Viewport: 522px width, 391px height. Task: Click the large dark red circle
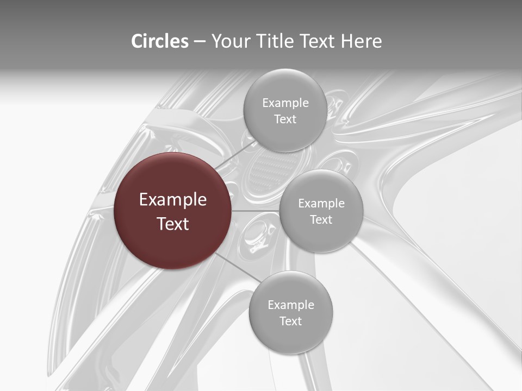pyautogui.click(x=173, y=211)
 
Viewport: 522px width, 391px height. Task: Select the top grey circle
pyautogui.click(x=285, y=110)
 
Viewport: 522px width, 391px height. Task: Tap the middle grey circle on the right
pyautogui.click(x=321, y=211)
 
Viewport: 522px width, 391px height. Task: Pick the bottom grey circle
pyautogui.click(x=291, y=312)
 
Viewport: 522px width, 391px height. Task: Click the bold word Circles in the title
pyautogui.click(x=160, y=41)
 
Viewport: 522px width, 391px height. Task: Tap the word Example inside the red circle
pyautogui.click(x=173, y=200)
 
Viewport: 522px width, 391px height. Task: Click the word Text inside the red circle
pyautogui.click(x=173, y=224)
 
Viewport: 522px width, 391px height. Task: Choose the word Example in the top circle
pyautogui.click(x=285, y=103)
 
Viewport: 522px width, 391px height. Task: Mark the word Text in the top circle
pyautogui.click(x=285, y=119)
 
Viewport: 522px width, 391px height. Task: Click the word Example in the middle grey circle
pyautogui.click(x=321, y=203)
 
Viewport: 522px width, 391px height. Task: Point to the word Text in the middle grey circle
pyautogui.click(x=321, y=219)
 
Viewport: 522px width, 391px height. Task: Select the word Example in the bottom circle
pyautogui.click(x=291, y=305)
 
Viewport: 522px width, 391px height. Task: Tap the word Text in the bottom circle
pyautogui.click(x=290, y=321)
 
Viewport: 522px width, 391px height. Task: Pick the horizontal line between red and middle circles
pyautogui.click(x=256, y=211)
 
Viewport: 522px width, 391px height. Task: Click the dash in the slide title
pyautogui.click(x=200, y=42)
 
